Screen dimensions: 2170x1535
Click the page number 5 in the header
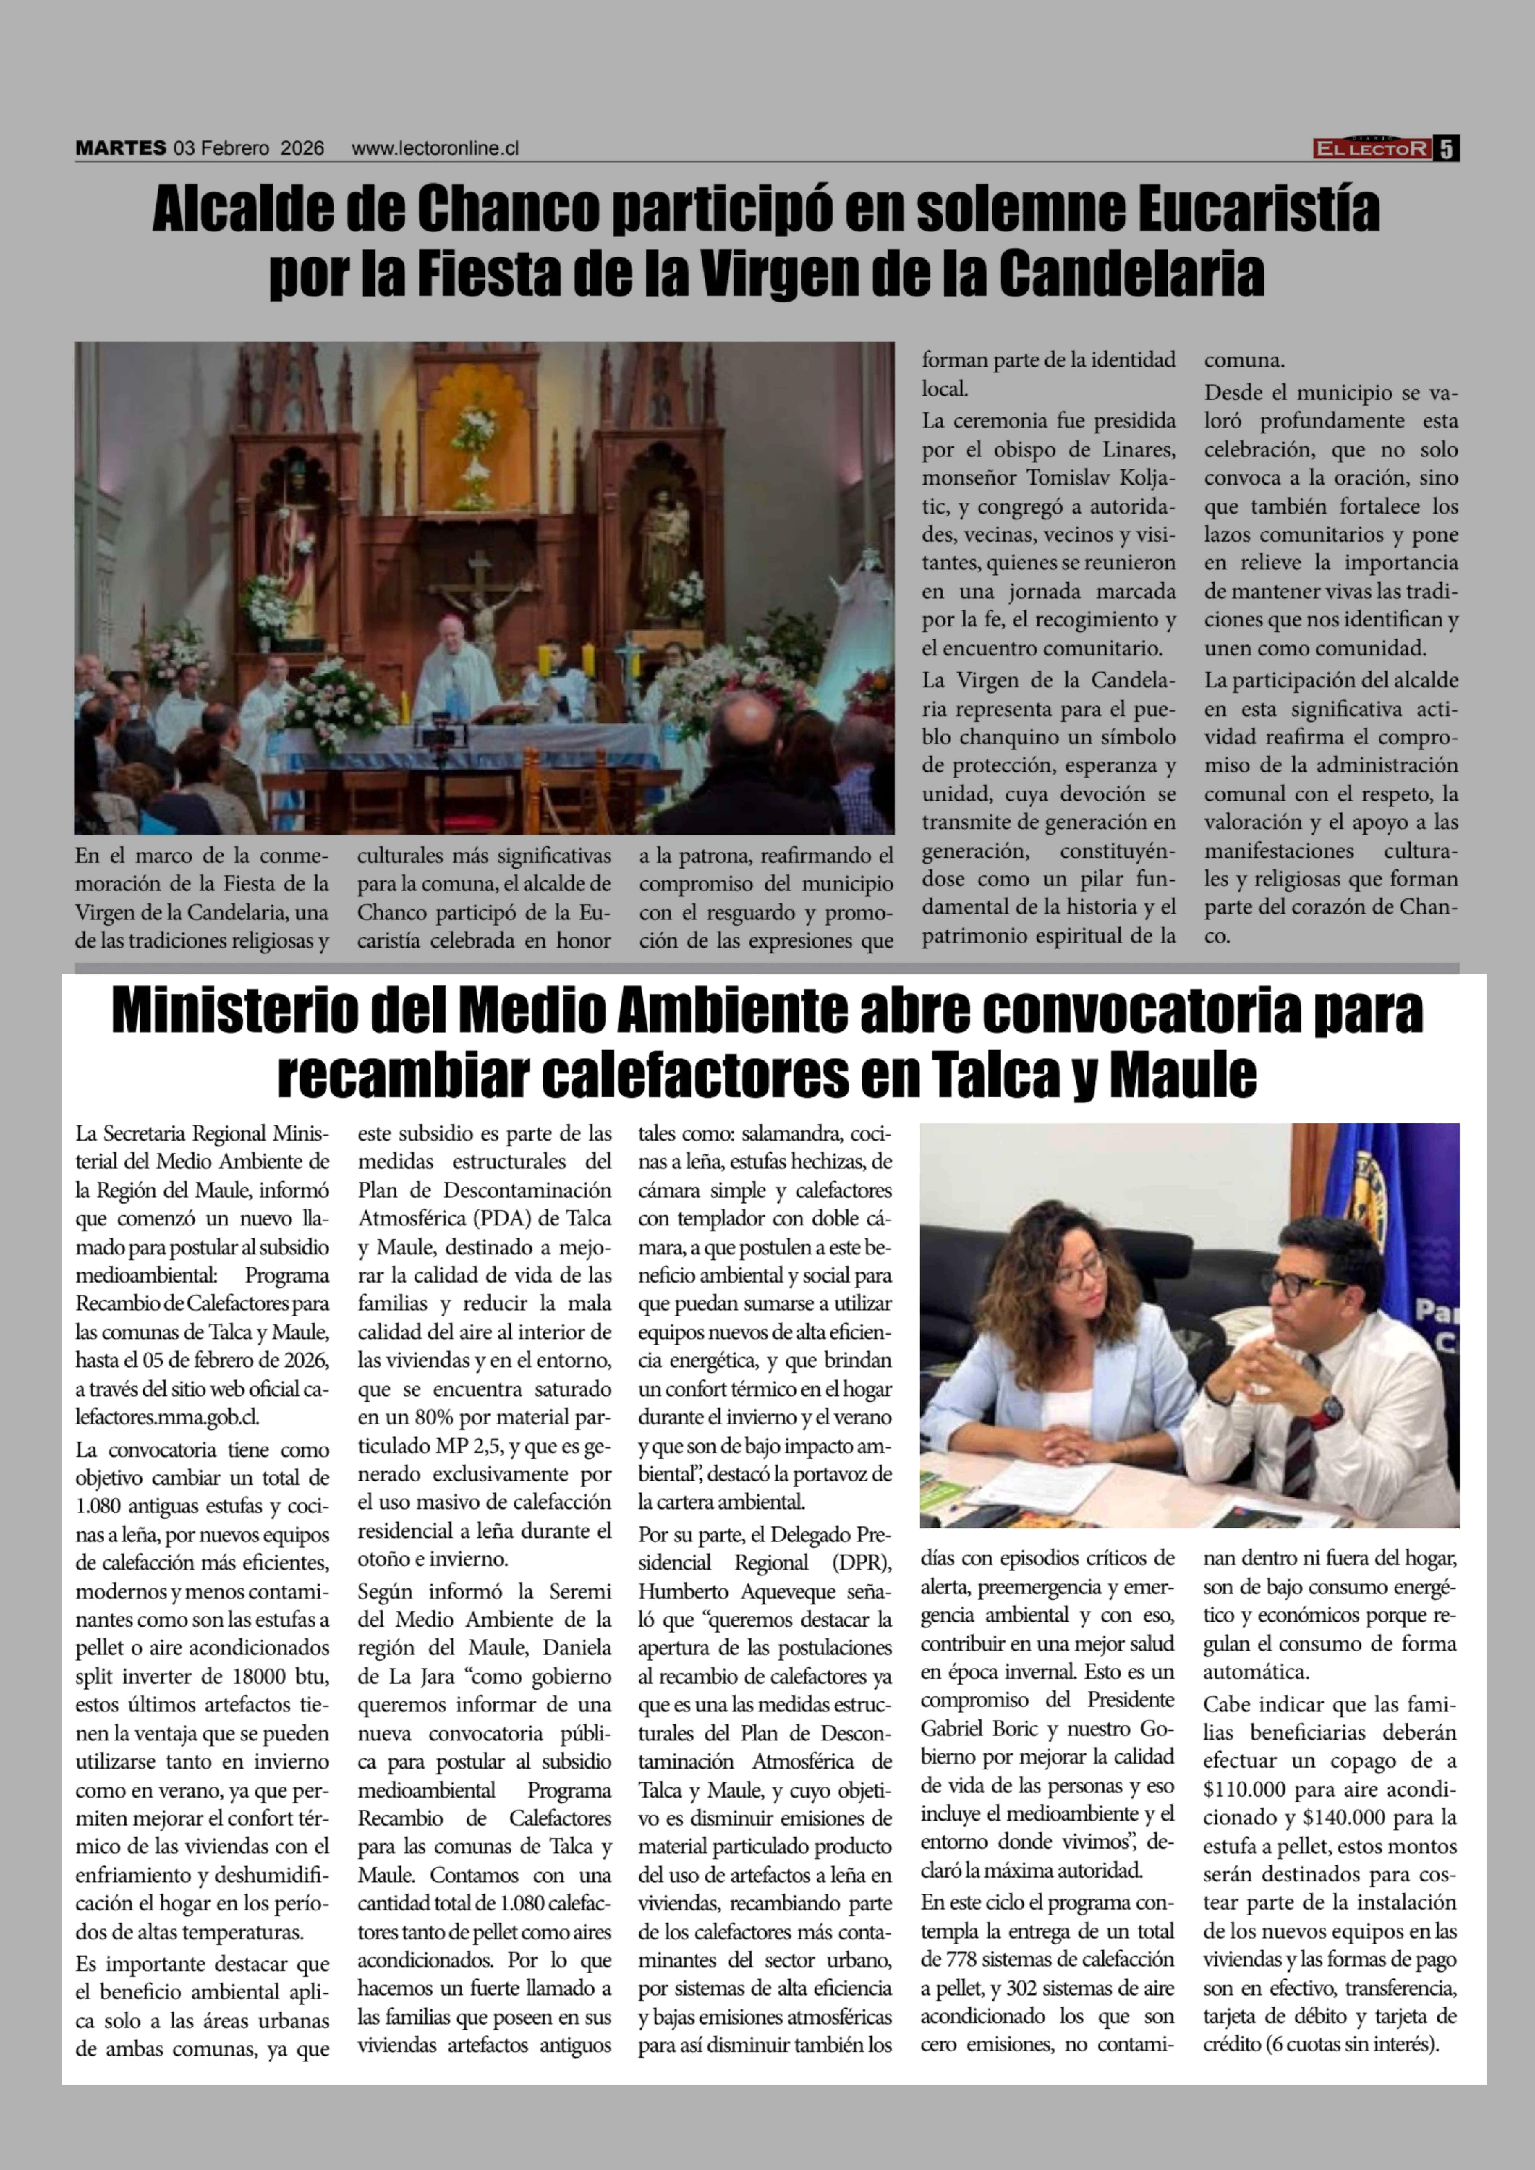(1447, 148)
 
